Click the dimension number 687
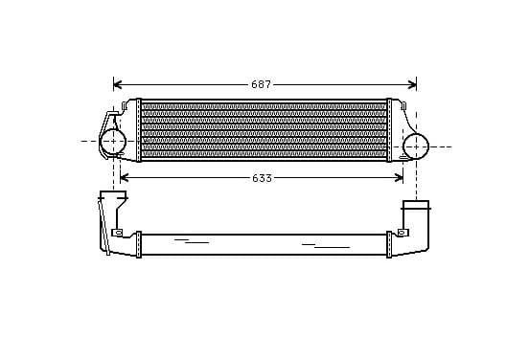coord(261,84)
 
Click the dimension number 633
coord(262,178)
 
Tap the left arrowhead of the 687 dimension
coord(118,84)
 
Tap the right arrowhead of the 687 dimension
coord(412,84)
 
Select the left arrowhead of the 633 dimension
coord(125,178)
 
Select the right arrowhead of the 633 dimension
coord(399,178)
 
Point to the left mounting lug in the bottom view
coord(117,233)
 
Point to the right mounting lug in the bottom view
coord(402,233)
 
